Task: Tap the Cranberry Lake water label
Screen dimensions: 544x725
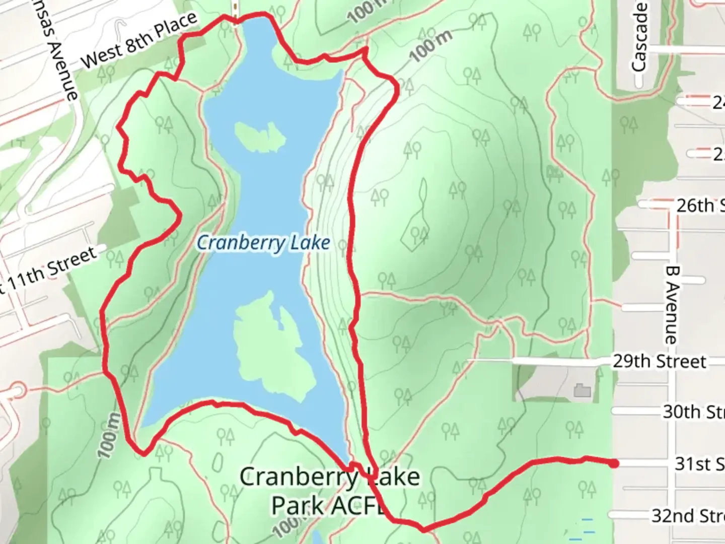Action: tap(263, 243)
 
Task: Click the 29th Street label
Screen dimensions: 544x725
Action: tap(659, 361)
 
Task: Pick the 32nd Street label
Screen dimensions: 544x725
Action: tap(688, 516)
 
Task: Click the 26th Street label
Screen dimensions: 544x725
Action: tap(700, 205)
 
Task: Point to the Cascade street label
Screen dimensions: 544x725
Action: tap(639, 38)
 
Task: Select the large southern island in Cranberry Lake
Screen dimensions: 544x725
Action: tap(272, 348)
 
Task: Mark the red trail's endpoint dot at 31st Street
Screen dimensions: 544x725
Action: tap(614, 463)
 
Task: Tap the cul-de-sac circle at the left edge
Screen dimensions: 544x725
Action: tap(17, 390)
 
